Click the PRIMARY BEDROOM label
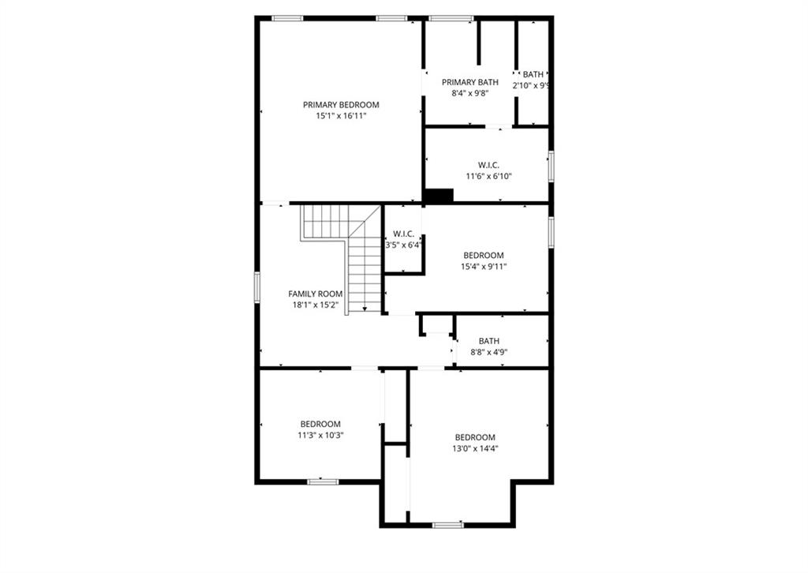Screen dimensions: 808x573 pyautogui.click(x=341, y=105)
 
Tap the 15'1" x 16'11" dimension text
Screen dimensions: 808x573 pyautogui.click(x=341, y=116)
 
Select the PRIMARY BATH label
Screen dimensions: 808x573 pyautogui.click(x=470, y=82)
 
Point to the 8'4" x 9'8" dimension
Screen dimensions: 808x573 pyautogui.click(x=469, y=93)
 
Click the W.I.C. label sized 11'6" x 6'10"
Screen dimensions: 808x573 pyautogui.click(x=488, y=165)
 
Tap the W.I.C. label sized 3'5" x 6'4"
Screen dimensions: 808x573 pyautogui.click(x=403, y=234)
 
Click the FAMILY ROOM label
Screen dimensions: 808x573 pyautogui.click(x=316, y=294)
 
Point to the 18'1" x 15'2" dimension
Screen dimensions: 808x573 pyautogui.click(x=316, y=305)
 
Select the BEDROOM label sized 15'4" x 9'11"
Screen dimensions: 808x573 pyautogui.click(x=484, y=255)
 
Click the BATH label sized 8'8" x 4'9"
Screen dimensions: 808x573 pyautogui.click(x=488, y=341)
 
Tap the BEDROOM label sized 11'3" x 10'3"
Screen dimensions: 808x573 pyautogui.click(x=320, y=424)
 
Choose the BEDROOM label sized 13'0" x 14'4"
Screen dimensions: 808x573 pyautogui.click(x=475, y=437)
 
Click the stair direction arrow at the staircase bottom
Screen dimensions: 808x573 pyautogui.click(x=365, y=309)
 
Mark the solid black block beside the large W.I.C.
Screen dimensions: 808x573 pyautogui.click(x=439, y=196)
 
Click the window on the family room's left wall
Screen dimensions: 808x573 pyautogui.click(x=256, y=286)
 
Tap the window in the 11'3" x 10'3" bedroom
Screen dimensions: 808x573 pyautogui.click(x=323, y=481)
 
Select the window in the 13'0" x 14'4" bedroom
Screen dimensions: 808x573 pyautogui.click(x=447, y=525)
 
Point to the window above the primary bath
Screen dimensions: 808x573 pyautogui.click(x=451, y=19)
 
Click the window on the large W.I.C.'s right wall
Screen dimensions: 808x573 pyautogui.click(x=551, y=166)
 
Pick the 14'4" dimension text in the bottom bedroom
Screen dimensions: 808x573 pyautogui.click(x=488, y=448)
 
